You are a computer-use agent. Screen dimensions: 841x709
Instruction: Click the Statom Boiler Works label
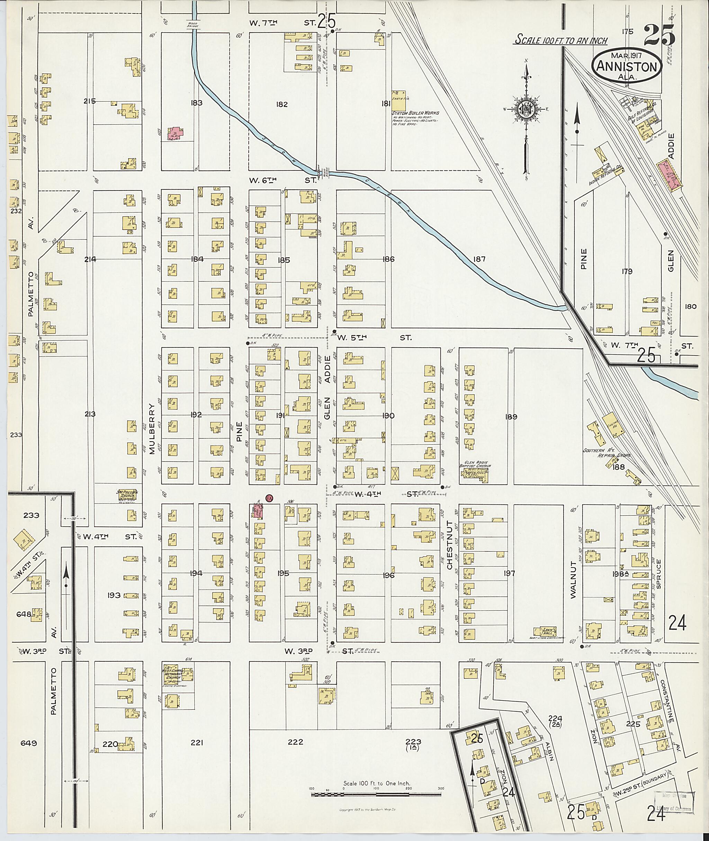415,113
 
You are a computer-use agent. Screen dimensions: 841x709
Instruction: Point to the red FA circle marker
270,498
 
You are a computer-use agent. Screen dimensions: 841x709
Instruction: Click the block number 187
479,259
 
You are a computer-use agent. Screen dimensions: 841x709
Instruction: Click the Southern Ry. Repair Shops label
607,453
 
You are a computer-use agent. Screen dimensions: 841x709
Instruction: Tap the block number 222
295,742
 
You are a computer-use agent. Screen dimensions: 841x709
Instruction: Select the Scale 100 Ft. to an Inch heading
562,40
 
